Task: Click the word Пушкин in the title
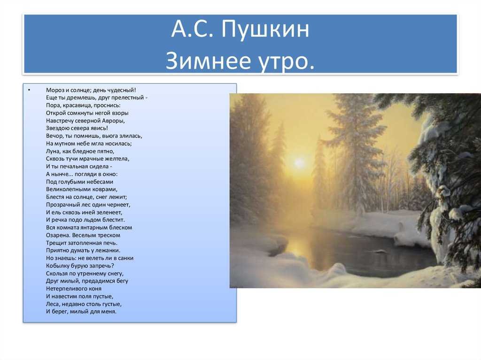(265, 30)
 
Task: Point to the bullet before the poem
(29, 90)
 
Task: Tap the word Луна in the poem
(53, 151)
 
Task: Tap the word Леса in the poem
(53, 304)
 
